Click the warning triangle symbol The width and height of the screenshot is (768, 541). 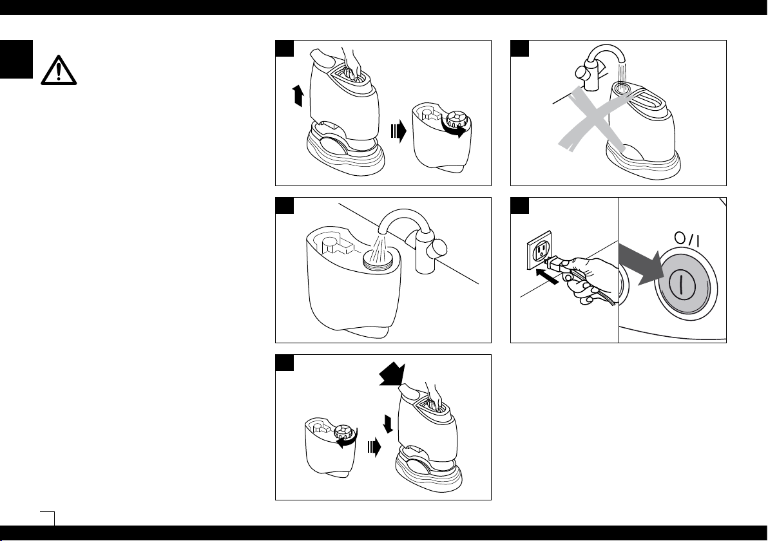pyautogui.click(x=58, y=70)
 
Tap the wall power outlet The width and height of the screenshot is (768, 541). pyautogui.click(x=539, y=250)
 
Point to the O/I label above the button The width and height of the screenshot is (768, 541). pyautogui.click(x=687, y=239)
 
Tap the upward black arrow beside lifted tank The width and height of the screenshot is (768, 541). pyautogui.click(x=297, y=95)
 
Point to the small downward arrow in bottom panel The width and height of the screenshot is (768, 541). pyautogui.click(x=389, y=424)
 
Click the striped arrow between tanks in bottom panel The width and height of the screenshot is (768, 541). pyautogui.click(x=374, y=447)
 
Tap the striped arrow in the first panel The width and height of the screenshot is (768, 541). pyautogui.click(x=399, y=131)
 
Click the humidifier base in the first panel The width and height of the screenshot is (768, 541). pyautogui.click(x=345, y=149)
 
